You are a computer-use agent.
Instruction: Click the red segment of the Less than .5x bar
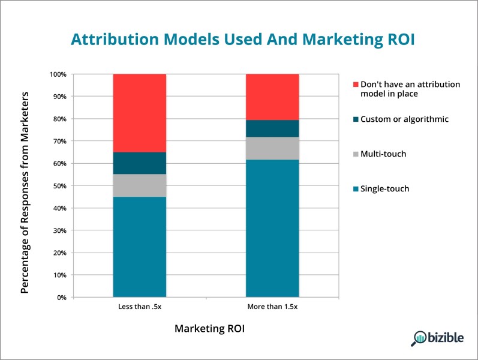140,113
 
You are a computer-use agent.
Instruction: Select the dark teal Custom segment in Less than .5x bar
140,163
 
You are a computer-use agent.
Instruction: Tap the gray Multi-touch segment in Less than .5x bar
140,185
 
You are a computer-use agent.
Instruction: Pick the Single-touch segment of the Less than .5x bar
140,247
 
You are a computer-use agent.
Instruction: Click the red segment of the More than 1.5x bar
272,97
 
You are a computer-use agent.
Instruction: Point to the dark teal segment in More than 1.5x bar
272,128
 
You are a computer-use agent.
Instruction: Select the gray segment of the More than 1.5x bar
272,148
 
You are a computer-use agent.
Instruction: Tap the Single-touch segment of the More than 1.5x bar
272,228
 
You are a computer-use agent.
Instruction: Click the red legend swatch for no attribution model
356,85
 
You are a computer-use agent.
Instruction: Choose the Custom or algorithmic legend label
405,119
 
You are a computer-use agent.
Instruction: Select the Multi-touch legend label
383,154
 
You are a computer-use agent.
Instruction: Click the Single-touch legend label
384,188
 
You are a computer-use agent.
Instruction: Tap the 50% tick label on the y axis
59,186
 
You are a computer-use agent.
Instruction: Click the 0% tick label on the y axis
62,298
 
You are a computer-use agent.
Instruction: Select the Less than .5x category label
140,307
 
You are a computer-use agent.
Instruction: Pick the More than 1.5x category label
272,307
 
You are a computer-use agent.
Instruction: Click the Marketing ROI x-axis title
210,329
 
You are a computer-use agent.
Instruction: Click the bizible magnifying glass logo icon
418,338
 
